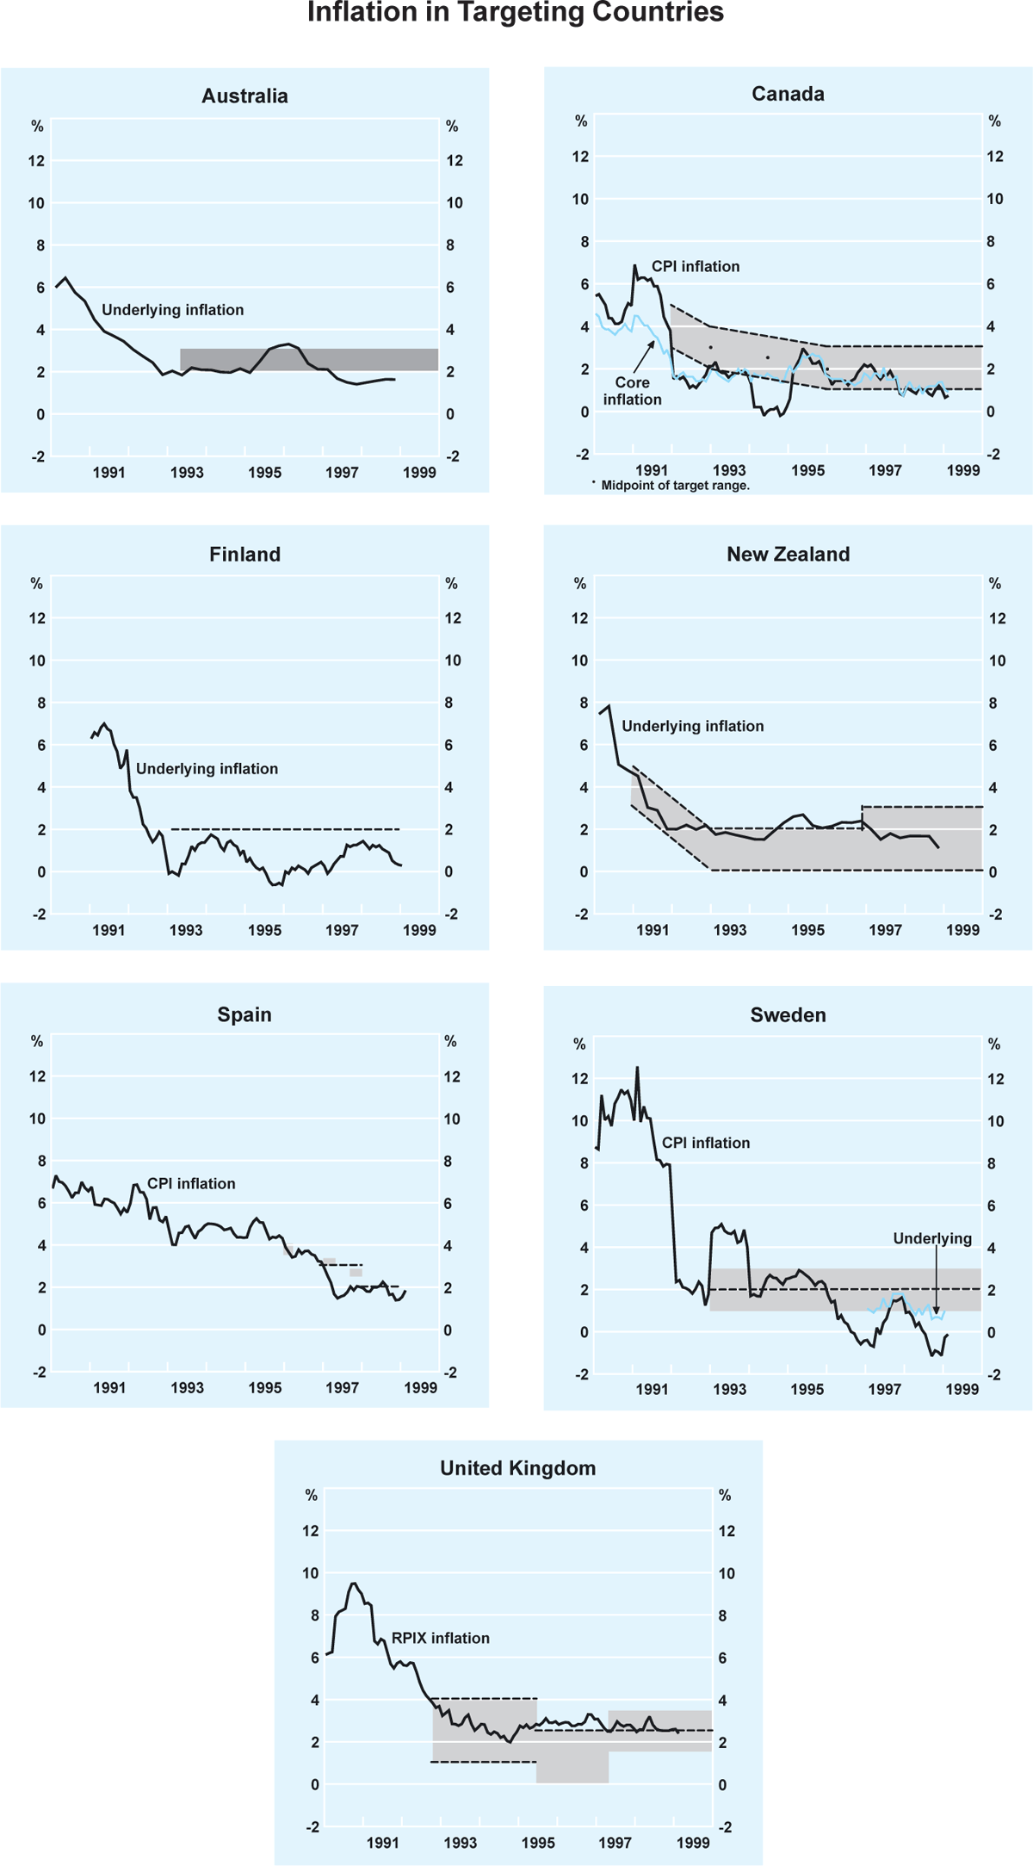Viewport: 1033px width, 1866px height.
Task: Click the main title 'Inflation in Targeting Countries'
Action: tap(515, 13)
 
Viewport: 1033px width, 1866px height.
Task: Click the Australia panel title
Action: tap(244, 96)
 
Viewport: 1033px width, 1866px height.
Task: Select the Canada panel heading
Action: tap(788, 94)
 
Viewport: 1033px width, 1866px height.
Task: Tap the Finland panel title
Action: tap(244, 554)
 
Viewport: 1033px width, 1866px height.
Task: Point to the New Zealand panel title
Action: tap(788, 554)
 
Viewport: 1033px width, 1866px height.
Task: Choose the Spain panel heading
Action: tap(244, 1014)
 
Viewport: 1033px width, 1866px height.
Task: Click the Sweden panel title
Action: tap(788, 1014)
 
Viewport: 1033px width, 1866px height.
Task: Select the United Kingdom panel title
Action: tap(517, 1468)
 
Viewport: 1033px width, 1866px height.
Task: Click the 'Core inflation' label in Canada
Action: tap(632, 391)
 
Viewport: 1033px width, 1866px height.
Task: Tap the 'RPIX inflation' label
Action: tap(440, 1638)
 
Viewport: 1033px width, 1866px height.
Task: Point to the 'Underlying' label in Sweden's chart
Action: tap(932, 1238)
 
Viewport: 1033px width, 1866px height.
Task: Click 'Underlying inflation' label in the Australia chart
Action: tap(172, 310)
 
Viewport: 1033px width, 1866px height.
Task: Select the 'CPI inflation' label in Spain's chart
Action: tap(191, 1184)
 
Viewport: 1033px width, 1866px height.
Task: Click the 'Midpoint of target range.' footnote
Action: tap(675, 486)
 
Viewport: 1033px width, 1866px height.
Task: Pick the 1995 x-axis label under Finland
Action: tap(264, 930)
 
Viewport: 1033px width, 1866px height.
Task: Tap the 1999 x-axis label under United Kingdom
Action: tap(693, 1843)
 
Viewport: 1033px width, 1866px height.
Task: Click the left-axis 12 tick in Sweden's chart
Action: tap(579, 1079)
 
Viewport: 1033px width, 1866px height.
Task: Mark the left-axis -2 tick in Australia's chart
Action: tap(36, 457)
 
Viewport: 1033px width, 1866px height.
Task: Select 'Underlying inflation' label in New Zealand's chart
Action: tap(692, 726)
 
